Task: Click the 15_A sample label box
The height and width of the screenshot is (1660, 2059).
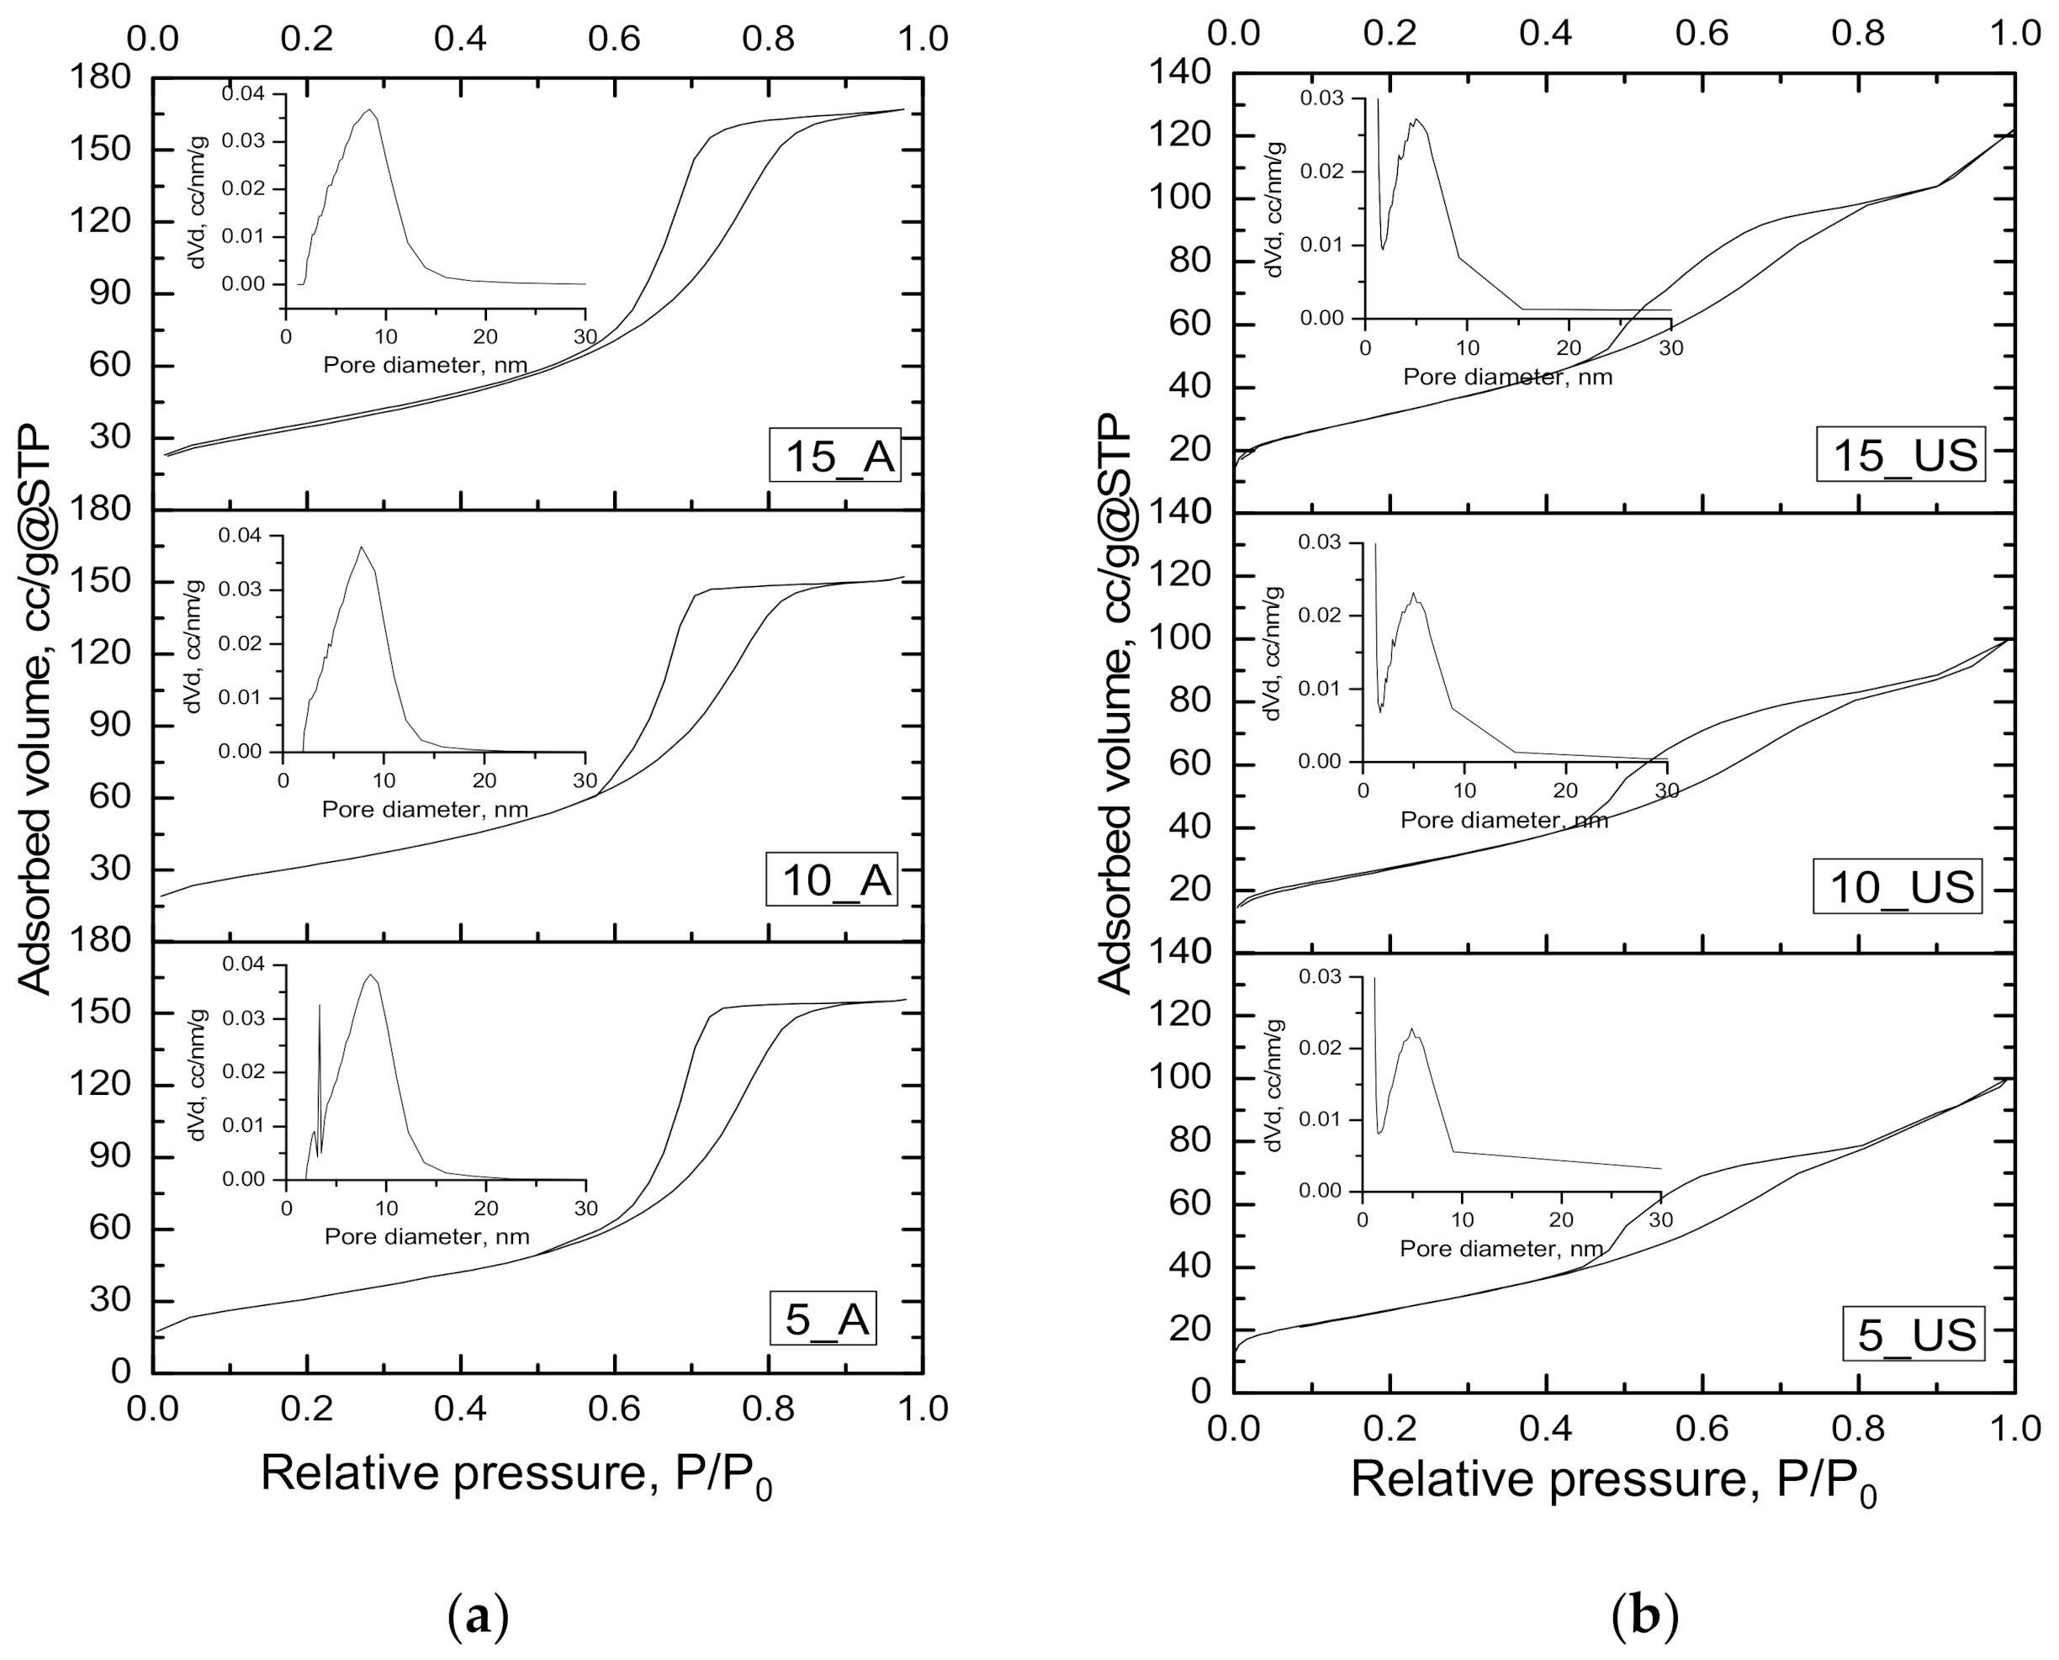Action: pyautogui.click(x=835, y=455)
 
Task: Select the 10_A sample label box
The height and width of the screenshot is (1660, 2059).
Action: pyautogui.click(x=832, y=879)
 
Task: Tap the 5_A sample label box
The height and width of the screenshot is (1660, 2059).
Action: pyautogui.click(x=824, y=1319)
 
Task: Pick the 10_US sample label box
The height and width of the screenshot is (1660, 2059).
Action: pyautogui.click(x=1899, y=886)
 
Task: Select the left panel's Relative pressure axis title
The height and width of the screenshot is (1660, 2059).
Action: pyautogui.click(x=516, y=1473)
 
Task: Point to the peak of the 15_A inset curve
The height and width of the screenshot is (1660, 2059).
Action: pyautogui.click(x=369, y=111)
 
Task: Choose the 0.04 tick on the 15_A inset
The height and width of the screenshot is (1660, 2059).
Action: pyautogui.click(x=243, y=93)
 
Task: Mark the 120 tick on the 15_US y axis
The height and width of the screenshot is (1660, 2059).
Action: pyautogui.click(x=1189, y=135)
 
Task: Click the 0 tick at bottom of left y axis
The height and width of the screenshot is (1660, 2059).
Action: pyautogui.click(x=120, y=1372)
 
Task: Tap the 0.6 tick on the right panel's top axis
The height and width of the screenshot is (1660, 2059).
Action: pyautogui.click(x=1702, y=34)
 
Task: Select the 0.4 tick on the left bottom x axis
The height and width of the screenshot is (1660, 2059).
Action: pyautogui.click(x=461, y=1409)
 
